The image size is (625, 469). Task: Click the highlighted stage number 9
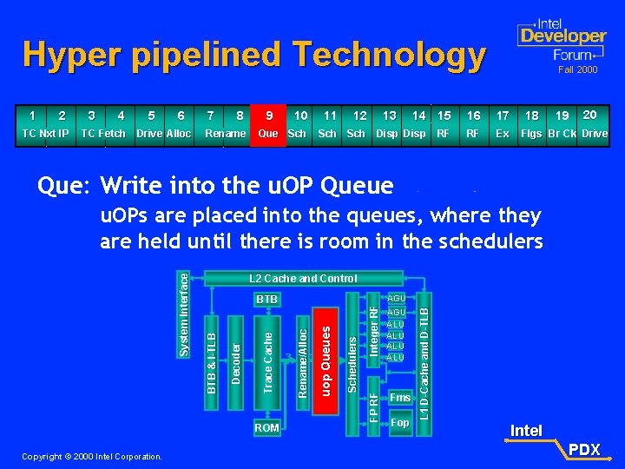269,116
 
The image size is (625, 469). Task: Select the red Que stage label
268,134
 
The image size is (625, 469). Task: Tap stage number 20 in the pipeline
589,115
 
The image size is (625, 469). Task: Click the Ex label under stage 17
503,134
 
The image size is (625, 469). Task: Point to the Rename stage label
225,134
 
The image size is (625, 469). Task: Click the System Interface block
183,312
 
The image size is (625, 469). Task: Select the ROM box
266,427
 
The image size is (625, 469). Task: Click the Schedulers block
352,365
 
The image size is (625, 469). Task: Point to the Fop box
399,423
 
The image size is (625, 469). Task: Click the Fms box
399,398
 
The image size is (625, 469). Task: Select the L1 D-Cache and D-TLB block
424,355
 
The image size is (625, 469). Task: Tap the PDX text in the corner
584,449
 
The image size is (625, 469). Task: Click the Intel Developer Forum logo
561,40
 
